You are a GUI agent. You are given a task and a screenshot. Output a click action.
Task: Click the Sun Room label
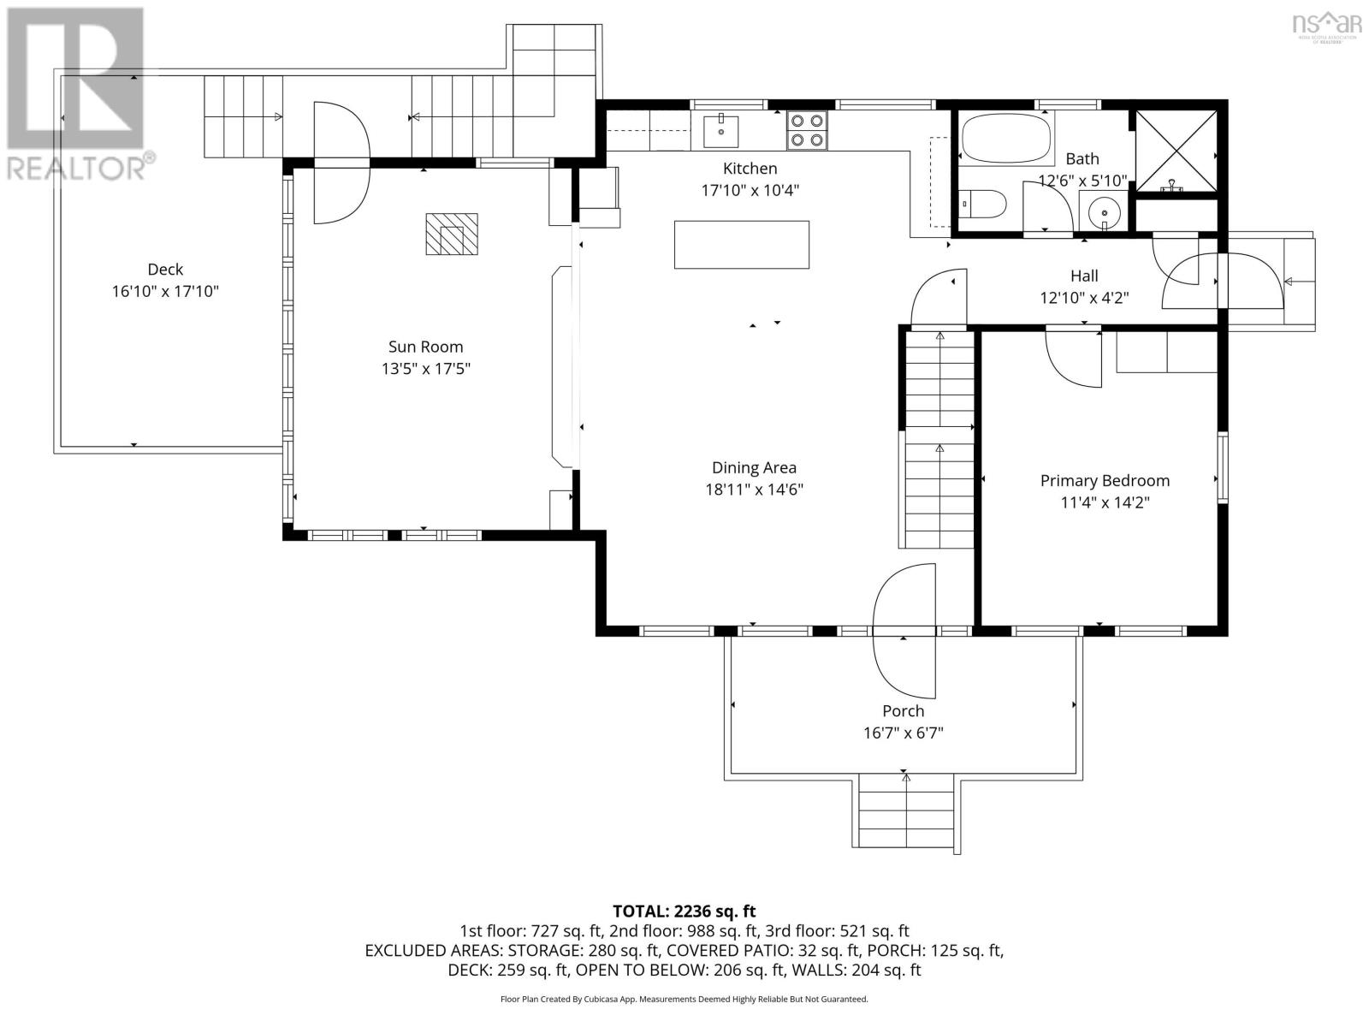425,347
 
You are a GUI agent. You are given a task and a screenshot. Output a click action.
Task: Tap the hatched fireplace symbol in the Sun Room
452,234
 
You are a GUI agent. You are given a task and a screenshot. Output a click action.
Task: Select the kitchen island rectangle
741,245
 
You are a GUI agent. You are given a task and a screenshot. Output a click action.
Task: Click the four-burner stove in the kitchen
807,131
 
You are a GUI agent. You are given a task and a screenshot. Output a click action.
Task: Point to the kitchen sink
721,131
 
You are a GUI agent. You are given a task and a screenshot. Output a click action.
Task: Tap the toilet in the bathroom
984,205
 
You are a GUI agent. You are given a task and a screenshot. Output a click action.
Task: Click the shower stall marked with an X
1174,150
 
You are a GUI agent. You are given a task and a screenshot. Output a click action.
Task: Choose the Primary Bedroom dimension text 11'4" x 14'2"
1105,502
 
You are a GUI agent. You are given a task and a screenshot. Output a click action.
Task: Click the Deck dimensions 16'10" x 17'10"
165,292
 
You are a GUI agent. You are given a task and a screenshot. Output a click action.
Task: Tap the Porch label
903,711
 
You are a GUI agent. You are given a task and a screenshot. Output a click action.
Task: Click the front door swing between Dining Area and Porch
903,632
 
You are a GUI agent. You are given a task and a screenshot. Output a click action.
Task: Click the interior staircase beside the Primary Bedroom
939,441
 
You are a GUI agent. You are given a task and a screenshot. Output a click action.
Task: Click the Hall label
1084,276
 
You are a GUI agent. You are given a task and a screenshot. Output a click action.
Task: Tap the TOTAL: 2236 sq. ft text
684,911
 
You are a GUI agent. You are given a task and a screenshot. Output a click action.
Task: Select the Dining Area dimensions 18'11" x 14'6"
754,490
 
